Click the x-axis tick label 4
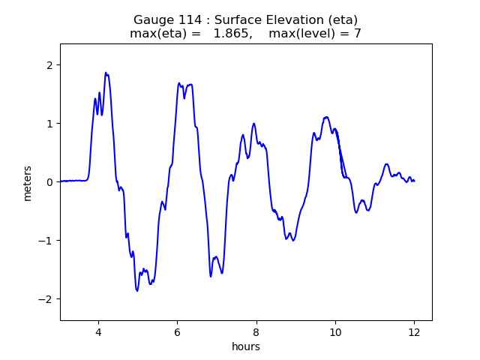click(x=97, y=332)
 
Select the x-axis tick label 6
click(x=177, y=332)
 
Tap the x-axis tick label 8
click(x=256, y=332)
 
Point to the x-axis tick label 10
click(x=335, y=332)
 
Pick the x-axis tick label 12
click(x=414, y=332)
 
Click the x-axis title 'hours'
click(x=246, y=346)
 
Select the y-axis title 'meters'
click(x=28, y=182)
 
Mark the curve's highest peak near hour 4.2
click(x=106, y=73)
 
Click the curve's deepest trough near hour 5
click(x=137, y=290)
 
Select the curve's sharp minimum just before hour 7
click(x=211, y=276)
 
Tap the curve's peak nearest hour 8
click(x=254, y=124)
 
